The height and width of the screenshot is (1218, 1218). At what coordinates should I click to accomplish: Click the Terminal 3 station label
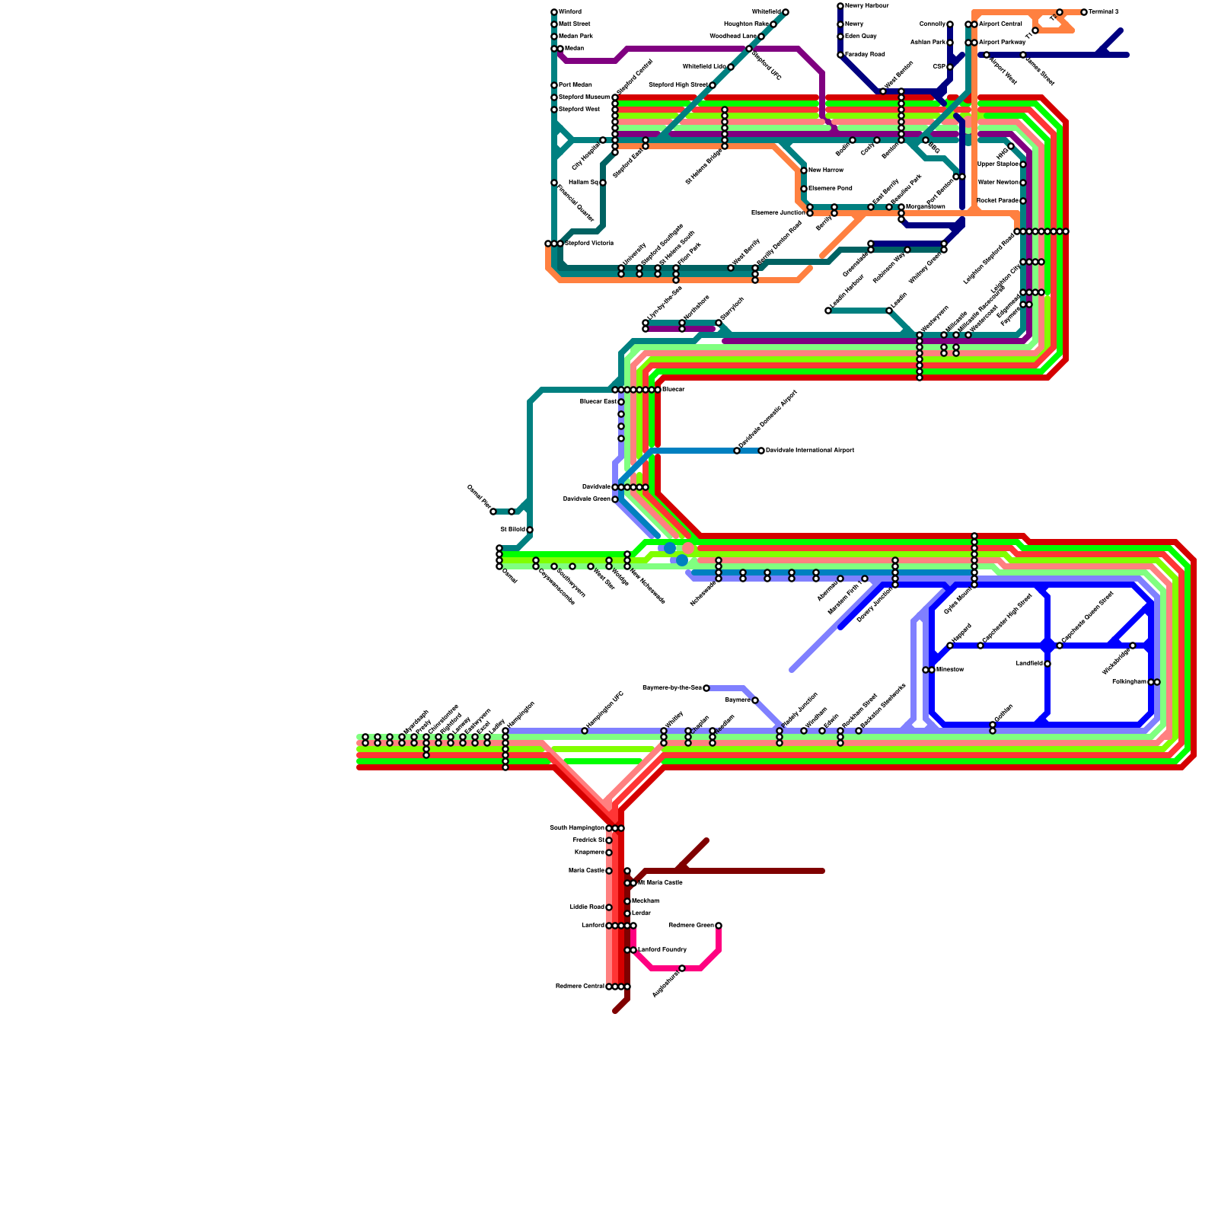pos(1104,12)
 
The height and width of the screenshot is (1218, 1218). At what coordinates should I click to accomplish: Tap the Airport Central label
pos(1000,24)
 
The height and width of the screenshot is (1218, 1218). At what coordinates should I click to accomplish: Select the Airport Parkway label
pos(1002,43)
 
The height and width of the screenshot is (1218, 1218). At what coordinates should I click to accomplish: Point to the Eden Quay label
pos(860,37)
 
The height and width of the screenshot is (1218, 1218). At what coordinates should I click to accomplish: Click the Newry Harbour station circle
pos(840,6)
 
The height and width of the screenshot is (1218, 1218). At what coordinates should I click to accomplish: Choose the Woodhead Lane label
pos(732,37)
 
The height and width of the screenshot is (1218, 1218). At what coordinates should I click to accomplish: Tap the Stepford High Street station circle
pos(713,85)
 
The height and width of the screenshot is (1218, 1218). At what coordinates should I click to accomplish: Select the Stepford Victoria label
pos(588,244)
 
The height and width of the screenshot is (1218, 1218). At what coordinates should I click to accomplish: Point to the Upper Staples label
pos(997,164)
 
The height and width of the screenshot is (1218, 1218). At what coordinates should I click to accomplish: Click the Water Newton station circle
pos(1023,183)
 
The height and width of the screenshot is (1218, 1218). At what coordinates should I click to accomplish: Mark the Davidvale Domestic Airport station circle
pos(737,451)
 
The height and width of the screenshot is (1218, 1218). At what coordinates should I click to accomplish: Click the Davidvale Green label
pos(586,499)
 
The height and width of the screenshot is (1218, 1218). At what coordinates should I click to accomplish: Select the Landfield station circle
pos(1047,664)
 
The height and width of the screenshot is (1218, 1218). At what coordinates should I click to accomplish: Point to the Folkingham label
pos(1129,682)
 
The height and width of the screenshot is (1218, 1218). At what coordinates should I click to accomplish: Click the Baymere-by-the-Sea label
pos(672,688)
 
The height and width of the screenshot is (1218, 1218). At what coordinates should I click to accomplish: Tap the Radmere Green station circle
pos(719,926)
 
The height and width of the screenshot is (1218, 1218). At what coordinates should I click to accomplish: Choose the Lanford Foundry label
pos(662,950)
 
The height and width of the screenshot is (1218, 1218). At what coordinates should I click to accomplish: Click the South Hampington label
pos(577,828)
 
